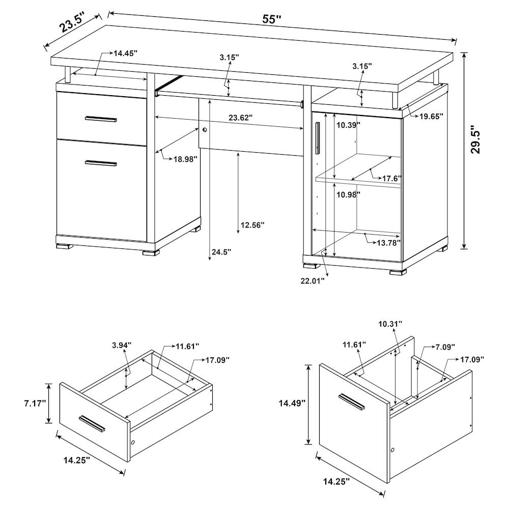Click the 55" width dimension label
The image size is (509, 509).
click(x=272, y=19)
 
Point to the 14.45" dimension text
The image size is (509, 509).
click(x=125, y=53)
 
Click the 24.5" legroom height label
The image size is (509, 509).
click(x=222, y=251)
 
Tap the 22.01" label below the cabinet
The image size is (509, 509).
click(x=312, y=279)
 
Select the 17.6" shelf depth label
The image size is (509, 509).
click(x=392, y=178)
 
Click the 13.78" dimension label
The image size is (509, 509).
click(x=389, y=243)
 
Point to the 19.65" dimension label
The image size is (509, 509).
click(x=431, y=116)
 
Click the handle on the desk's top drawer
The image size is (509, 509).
click(x=101, y=120)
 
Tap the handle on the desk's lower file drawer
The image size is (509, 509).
click(x=101, y=163)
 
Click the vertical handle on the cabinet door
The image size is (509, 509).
click(x=318, y=137)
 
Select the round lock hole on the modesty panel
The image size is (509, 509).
click(x=205, y=130)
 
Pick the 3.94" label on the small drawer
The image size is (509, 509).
click(x=121, y=346)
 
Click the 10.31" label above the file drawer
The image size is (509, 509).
click(x=390, y=324)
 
